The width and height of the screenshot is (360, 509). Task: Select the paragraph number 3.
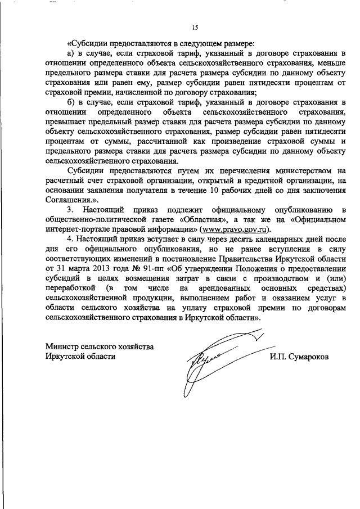(70, 210)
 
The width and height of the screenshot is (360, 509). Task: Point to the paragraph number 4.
(70, 239)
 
